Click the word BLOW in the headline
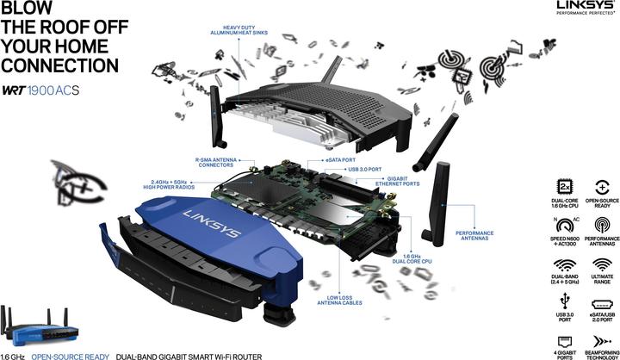(x=29, y=12)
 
